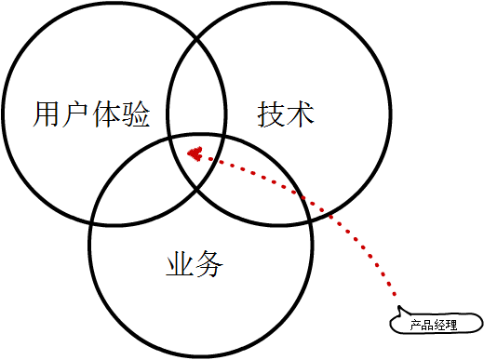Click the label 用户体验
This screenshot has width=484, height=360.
click(x=91, y=115)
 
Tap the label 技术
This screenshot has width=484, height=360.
click(x=286, y=115)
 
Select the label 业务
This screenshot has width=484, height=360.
click(x=195, y=265)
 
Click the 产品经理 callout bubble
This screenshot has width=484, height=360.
click(x=435, y=325)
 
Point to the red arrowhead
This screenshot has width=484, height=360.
click(x=195, y=153)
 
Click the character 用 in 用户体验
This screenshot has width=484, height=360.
click(x=47, y=115)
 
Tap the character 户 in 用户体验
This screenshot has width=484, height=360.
click(x=76, y=115)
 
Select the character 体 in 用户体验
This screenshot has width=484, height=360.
click(x=105, y=115)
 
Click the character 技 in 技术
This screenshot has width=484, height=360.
click(x=271, y=115)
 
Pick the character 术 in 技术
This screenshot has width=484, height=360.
click(x=301, y=115)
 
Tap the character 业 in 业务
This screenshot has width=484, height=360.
click(x=180, y=265)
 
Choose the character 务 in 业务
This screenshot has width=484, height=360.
click(x=209, y=265)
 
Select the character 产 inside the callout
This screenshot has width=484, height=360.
click(x=417, y=326)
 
